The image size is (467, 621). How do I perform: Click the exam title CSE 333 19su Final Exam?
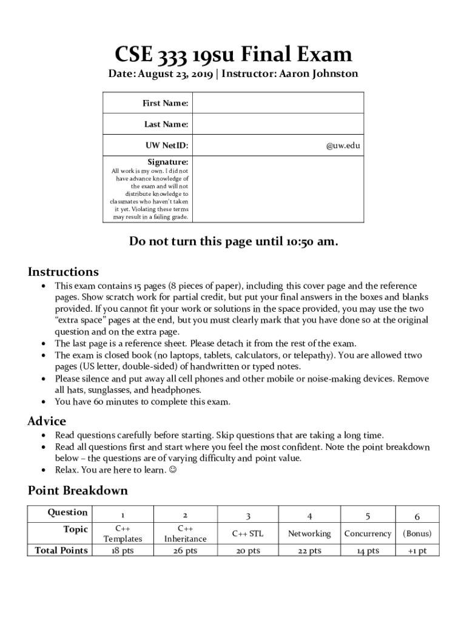point(233,55)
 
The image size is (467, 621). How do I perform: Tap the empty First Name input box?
point(278,103)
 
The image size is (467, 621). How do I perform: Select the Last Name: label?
point(166,124)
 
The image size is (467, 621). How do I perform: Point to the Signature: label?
point(168,162)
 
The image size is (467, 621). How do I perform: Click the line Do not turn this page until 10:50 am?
point(233,241)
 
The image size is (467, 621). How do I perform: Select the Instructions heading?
point(63,272)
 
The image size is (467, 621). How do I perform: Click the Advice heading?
point(47,421)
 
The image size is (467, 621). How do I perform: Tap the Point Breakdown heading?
point(78,490)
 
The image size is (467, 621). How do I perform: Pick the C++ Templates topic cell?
point(123,534)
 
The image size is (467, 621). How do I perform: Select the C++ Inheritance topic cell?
point(185,534)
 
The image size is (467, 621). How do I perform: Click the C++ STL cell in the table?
point(247,534)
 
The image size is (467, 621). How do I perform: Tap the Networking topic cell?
point(309,534)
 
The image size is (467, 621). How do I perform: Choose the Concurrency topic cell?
point(368,534)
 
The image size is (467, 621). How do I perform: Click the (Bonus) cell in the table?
point(417,534)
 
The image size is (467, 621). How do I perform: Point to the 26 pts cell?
point(185,551)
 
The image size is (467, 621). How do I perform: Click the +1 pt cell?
point(417,551)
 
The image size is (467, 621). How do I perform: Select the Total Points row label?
point(61,550)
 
